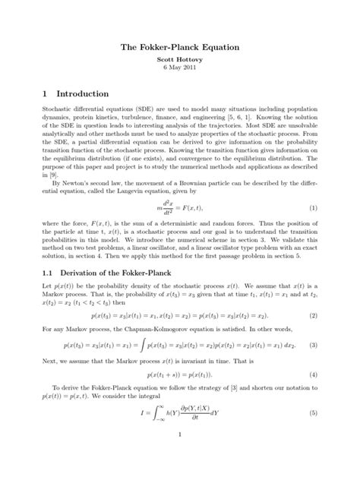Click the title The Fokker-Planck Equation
[x=180, y=47]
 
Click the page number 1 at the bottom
[x=180, y=456]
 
